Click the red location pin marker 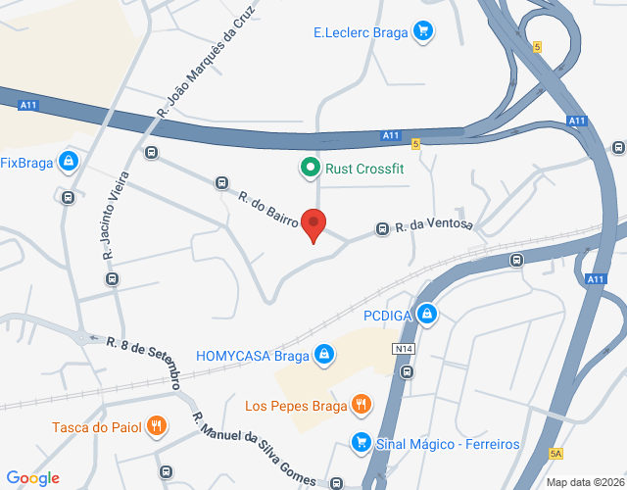313,224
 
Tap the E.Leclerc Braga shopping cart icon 422,31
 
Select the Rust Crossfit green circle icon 310,168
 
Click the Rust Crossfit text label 364,169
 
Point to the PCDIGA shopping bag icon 426,315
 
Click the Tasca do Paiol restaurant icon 156,426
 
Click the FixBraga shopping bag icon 68,162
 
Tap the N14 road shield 403,349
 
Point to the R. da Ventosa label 434,225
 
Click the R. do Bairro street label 267,208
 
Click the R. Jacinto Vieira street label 109,224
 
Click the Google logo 34,478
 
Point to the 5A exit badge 555,453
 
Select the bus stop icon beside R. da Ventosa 382,229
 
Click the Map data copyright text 584,482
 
